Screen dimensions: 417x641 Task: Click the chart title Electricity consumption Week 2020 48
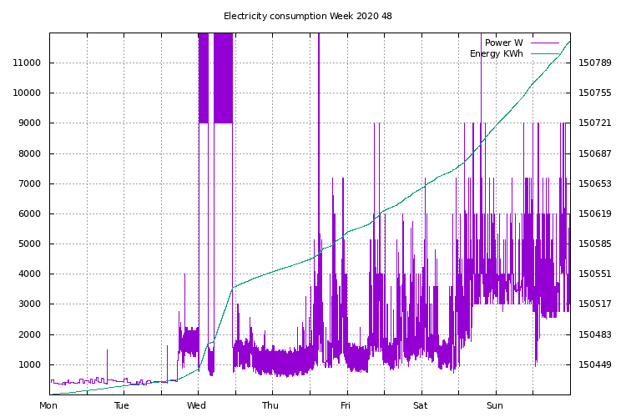click(308, 16)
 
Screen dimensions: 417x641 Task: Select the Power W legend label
click(503, 43)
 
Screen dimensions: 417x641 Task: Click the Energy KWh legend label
click(496, 54)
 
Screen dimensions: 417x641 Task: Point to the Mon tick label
click(48, 406)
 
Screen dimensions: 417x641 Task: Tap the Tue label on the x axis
click(122, 406)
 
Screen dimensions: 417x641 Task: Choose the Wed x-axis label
click(196, 406)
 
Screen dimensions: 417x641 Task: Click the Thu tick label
click(270, 406)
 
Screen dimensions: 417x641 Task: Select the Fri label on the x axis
click(346, 406)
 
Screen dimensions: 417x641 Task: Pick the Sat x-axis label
click(420, 406)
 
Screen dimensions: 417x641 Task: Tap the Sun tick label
click(495, 406)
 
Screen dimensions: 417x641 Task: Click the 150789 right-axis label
click(595, 63)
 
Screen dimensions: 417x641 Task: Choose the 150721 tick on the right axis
click(595, 123)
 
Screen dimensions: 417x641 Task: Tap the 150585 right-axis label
click(595, 244)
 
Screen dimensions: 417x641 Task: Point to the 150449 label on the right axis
click(595, 365)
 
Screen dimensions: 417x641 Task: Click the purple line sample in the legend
click(544, 43)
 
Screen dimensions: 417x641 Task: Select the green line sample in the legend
click(544, 54)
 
